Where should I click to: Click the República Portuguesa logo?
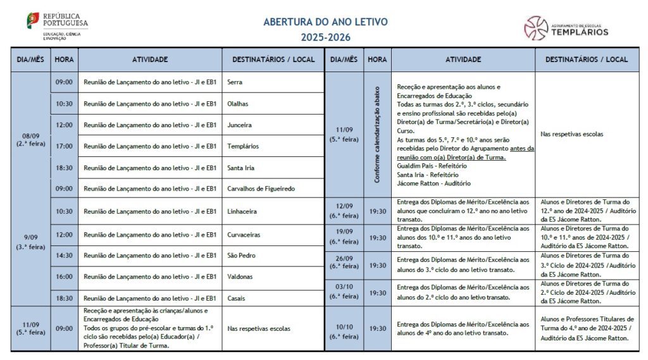pos(57,25)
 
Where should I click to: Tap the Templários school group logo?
pos(566,28)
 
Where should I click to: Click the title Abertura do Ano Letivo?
pos(325,22)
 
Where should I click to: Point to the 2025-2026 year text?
pos(325,37)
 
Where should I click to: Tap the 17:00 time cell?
pos(64,146)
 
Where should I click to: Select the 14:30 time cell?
pos(64,256)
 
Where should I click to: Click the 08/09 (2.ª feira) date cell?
pos(30,139)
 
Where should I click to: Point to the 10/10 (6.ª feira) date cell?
pos(344,331)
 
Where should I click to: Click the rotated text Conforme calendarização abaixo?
pos(377,135)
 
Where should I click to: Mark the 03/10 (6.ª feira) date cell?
pos(344,292)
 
